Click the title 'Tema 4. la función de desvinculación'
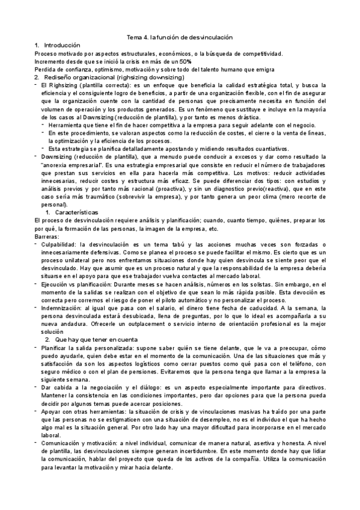coord(180,37)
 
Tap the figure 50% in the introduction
coord(184,61)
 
